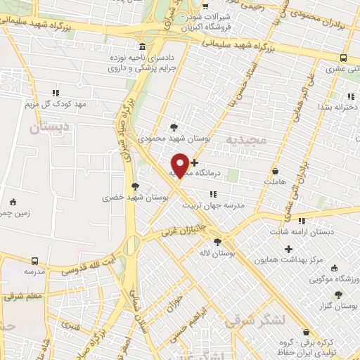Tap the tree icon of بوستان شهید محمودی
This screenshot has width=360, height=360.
click(x=174, y=127)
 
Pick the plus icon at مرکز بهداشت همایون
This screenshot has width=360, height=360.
click(x=288, y=248)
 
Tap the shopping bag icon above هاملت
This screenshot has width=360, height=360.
click(x=275, y=170)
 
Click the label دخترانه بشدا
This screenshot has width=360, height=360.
click(x=338, y=107)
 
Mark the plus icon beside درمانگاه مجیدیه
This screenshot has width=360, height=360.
click(x=195, y=162)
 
